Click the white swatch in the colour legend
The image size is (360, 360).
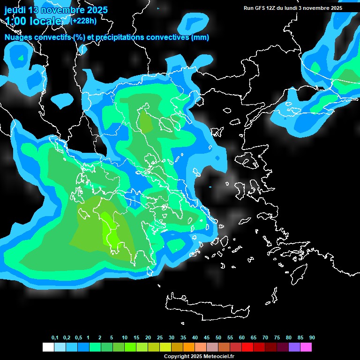[x=48, y=347]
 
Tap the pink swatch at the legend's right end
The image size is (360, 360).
[x=306, y=347]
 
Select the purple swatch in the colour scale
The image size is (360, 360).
[x=294, y=347]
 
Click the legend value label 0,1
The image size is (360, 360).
[x=55, y=338]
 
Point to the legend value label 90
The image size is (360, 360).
[x=312, y=338]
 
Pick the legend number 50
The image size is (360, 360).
[x=218, y=338]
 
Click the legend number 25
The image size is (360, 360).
[x=160, y=338]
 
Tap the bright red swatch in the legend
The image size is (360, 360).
[x=247, y=347]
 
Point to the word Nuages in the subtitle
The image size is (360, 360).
[x=18, y=37]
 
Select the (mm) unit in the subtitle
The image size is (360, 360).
[x=200, y=37]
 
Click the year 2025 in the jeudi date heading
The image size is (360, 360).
[x=97, y=10]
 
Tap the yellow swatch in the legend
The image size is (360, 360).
[x=165, y=347]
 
